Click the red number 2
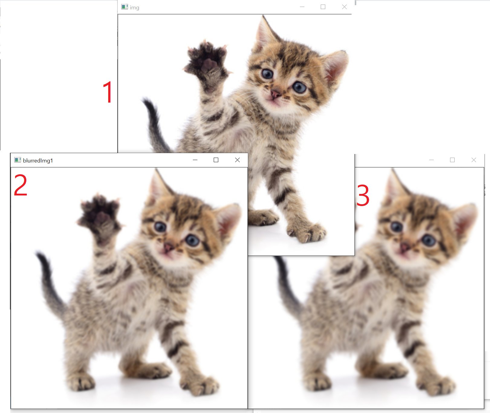pyautogui.click(x=21, y=185)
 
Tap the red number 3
pyautogui.click(x=363, y=195)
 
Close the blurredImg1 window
pyautogui.click(x=237, y=160)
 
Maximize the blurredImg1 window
pyautogui.click(x=216, y=160)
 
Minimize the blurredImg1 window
pyautogui.click(x=195, y=160)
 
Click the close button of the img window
pyautogui.click(x=344, y=7)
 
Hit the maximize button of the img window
pyautogui.click(x=323, y=7)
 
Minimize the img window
pyautogui.click(x=302, y=7)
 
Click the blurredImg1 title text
pyautogui.click(x=38, y=160)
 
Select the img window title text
pyautogui.click(x=135, y=8)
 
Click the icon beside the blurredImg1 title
pyautogui.click(x=18, y=160)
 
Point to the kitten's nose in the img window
pyautogui.click(x=275, y=94)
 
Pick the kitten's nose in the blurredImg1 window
pyautogui.click(x=168, y=247)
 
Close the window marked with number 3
pyautogui.click(x=474, y=160)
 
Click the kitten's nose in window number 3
pyautogui.click(x=404, y=247)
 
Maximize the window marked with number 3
pyautogui.click(x=452, y=160)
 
